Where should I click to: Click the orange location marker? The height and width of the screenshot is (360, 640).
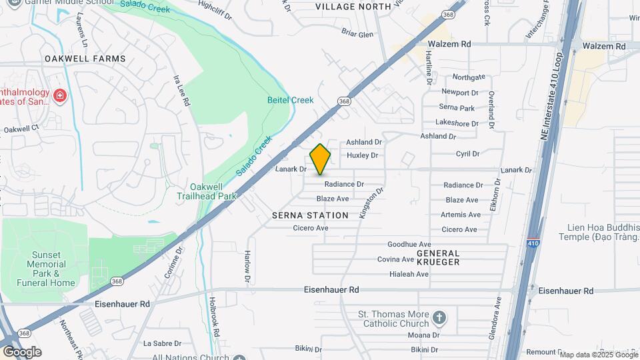click(320, 159)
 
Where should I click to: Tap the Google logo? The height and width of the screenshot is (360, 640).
click(22, 351)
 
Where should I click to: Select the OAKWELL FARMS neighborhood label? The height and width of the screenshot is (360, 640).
click(85, 59)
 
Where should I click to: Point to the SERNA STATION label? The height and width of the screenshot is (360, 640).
click(310, 215)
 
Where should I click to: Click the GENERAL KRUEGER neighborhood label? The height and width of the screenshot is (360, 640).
click(438, 257)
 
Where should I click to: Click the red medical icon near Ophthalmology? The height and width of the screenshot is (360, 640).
click(59, 95)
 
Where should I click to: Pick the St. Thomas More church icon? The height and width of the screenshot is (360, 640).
click(439, 317)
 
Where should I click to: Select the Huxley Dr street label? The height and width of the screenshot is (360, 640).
click(363, 155)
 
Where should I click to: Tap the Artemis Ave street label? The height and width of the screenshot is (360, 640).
click(461, 215)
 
